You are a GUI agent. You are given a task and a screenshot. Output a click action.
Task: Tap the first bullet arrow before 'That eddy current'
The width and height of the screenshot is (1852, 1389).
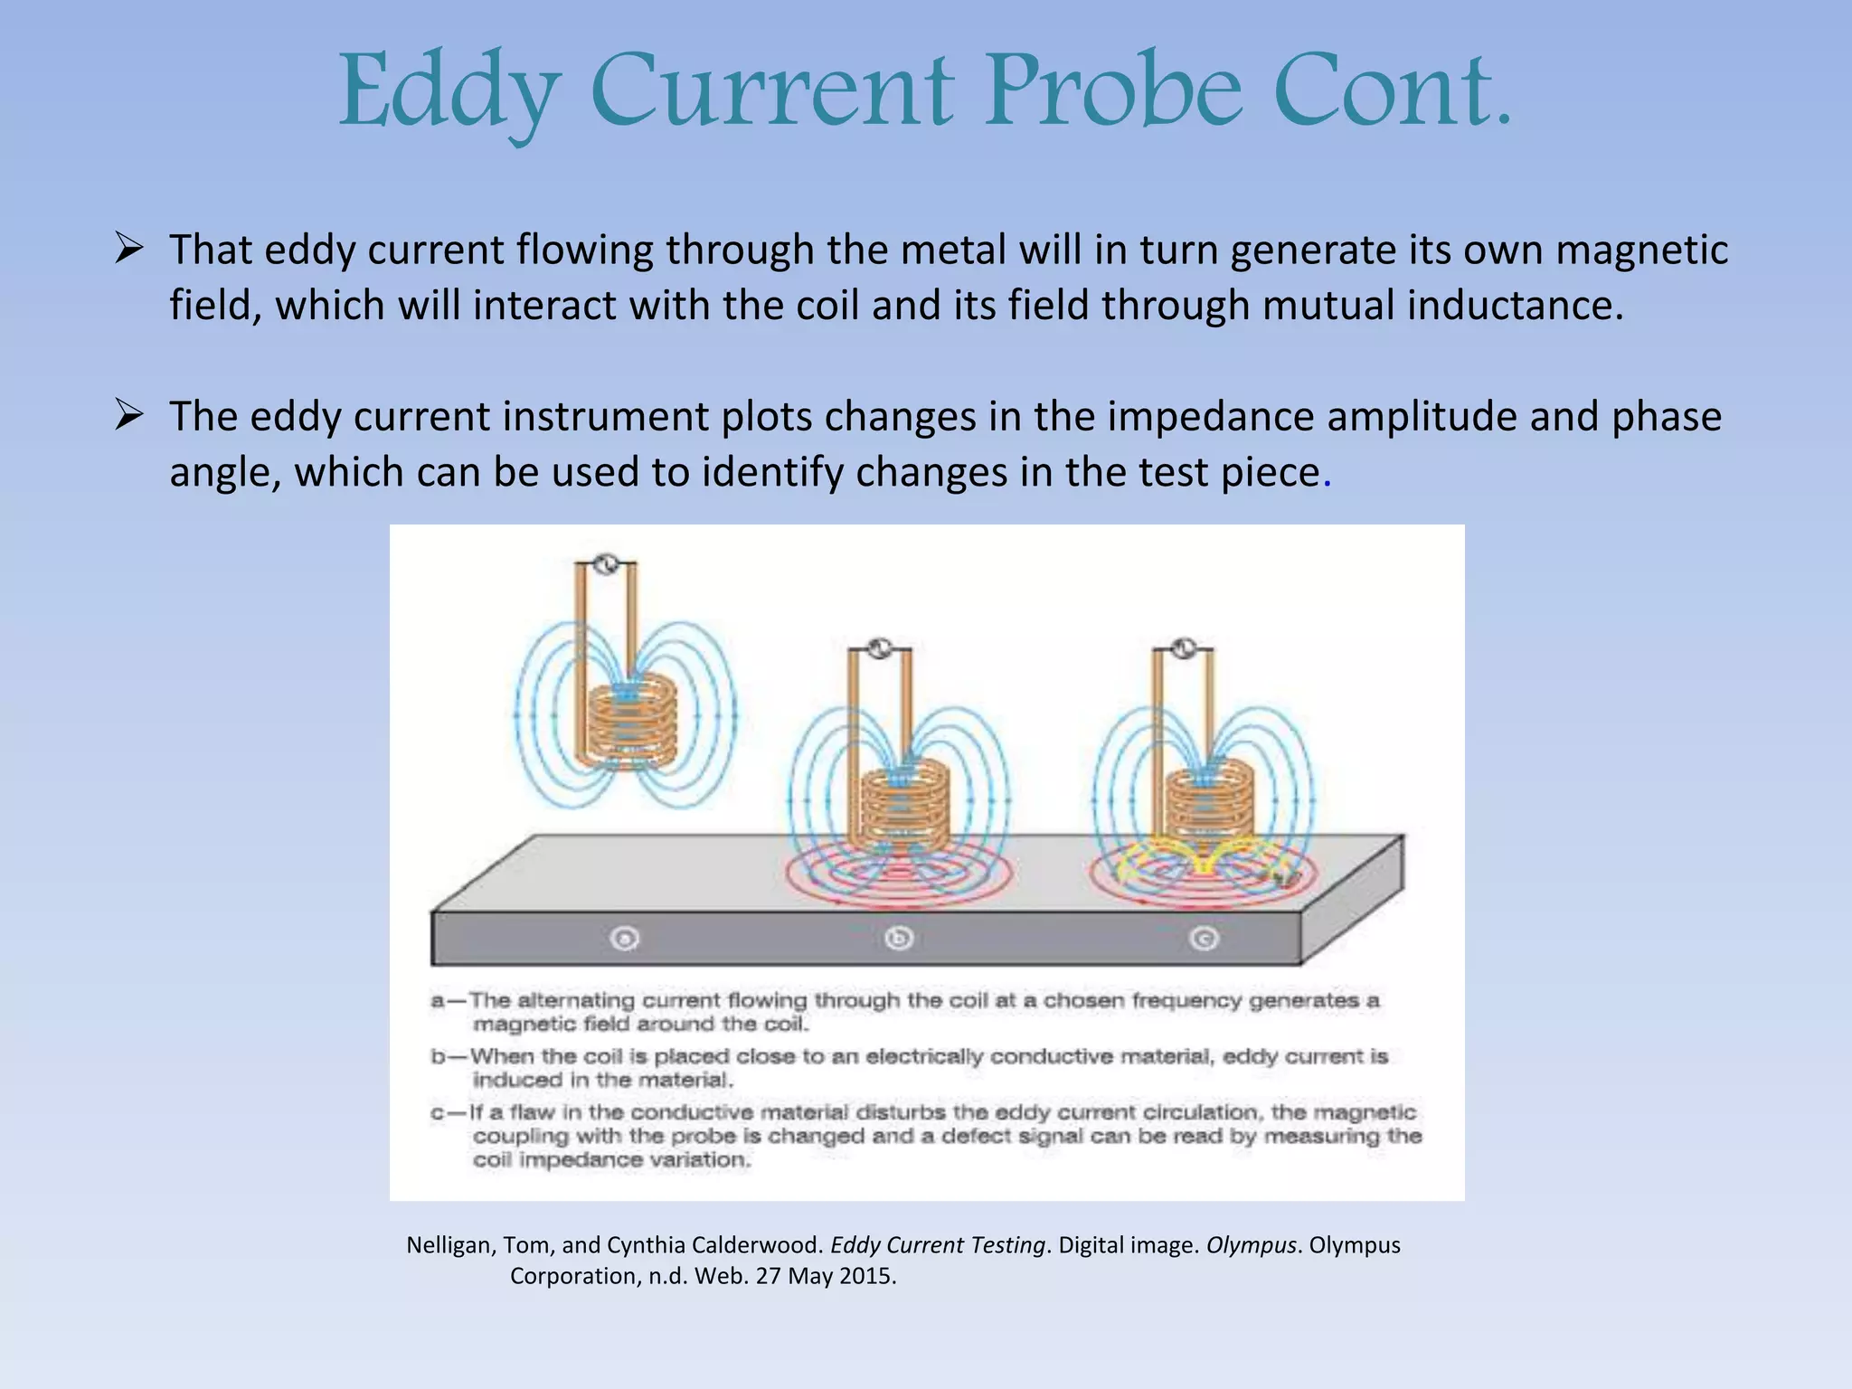tap(129, 248)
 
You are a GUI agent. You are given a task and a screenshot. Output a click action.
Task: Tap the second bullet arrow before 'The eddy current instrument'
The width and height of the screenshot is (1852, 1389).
tap(129, 415)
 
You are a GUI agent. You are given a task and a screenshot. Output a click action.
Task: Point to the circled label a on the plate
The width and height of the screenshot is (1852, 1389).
tap(625, 939)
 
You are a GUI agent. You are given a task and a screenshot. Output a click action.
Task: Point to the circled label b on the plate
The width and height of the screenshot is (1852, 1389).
tap(899, 939)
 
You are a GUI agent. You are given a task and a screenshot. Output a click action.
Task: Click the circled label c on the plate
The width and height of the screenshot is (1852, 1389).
tap(1204, 939)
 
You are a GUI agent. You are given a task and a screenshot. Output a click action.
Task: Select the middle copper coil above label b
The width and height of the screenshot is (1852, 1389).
tap(905, 805)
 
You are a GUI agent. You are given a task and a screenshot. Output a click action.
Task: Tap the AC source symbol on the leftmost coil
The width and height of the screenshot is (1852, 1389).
tap(607, 564)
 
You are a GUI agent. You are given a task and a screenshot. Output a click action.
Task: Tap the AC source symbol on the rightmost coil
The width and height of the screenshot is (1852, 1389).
tap(1183, 648)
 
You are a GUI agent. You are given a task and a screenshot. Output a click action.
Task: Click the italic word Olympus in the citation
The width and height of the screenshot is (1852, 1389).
tap(1252, 1245)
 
